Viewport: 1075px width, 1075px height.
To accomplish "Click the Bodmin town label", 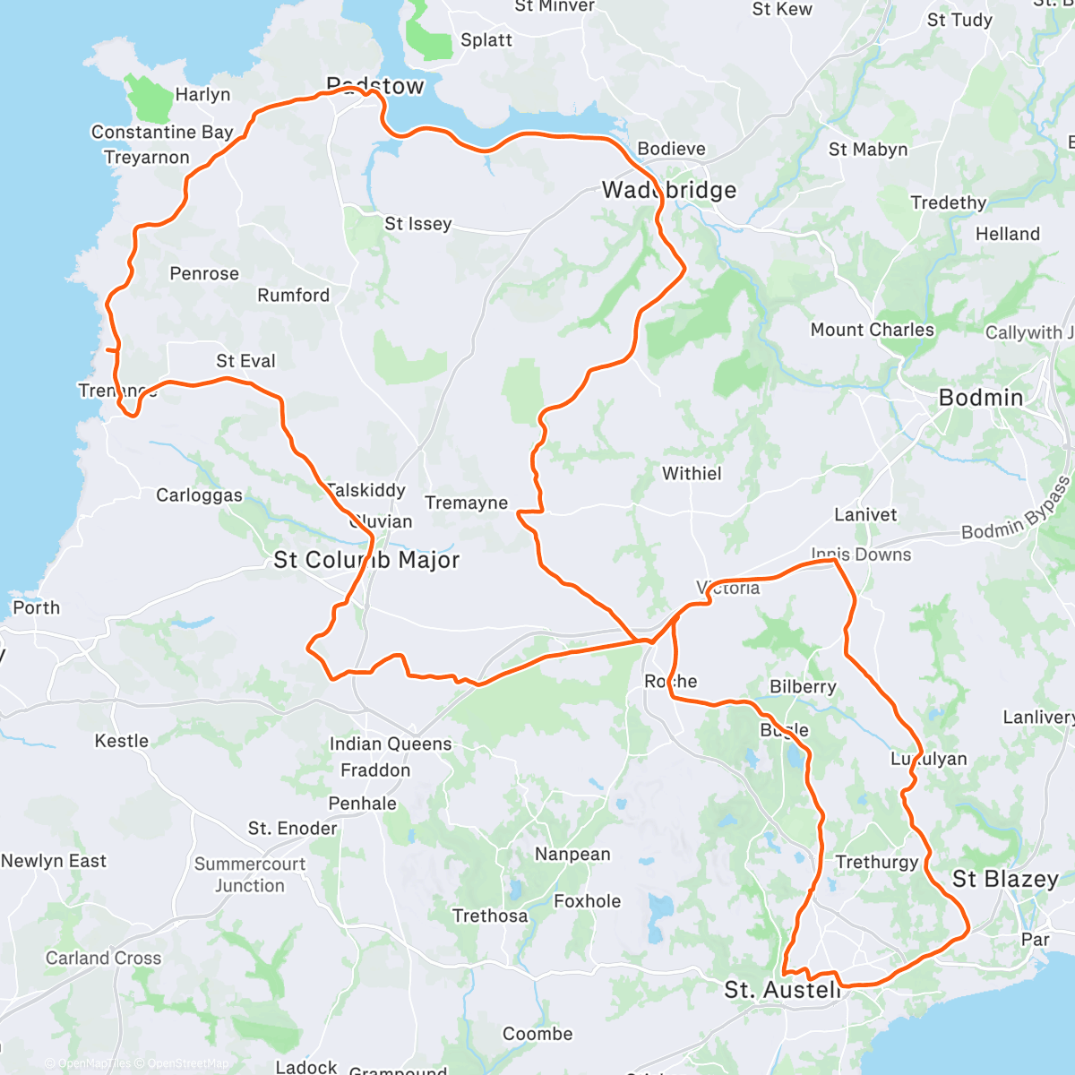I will tap(980, 398).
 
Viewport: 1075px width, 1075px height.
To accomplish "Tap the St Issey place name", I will tap(417, 224).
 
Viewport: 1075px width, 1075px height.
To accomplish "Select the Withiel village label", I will tap(692, 473).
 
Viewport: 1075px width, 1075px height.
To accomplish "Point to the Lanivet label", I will tap(865, 514).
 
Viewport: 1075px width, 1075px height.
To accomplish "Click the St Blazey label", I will tap(1005, 879).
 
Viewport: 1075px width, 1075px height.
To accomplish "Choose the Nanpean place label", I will tap(572, 854).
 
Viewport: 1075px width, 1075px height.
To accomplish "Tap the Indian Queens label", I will tap(391, 744).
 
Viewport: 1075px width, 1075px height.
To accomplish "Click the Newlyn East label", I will tap(54, 861).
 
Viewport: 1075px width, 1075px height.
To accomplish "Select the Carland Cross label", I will tap(104, 958).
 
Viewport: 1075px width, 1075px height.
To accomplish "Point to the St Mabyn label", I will tap(868, 150).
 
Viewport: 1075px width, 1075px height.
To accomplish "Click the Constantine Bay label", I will tap(162, 132).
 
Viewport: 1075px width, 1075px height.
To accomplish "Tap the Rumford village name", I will tap(293, 295).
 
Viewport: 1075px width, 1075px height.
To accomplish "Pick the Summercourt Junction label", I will tap(250, 874).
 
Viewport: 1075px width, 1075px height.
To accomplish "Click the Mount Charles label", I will tap(872, 330).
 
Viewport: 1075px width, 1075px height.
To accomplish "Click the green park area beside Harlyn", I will tap(148, 99).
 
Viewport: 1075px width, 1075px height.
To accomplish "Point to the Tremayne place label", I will tap(466, 503).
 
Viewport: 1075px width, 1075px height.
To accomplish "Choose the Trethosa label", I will tap(490, 916).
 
